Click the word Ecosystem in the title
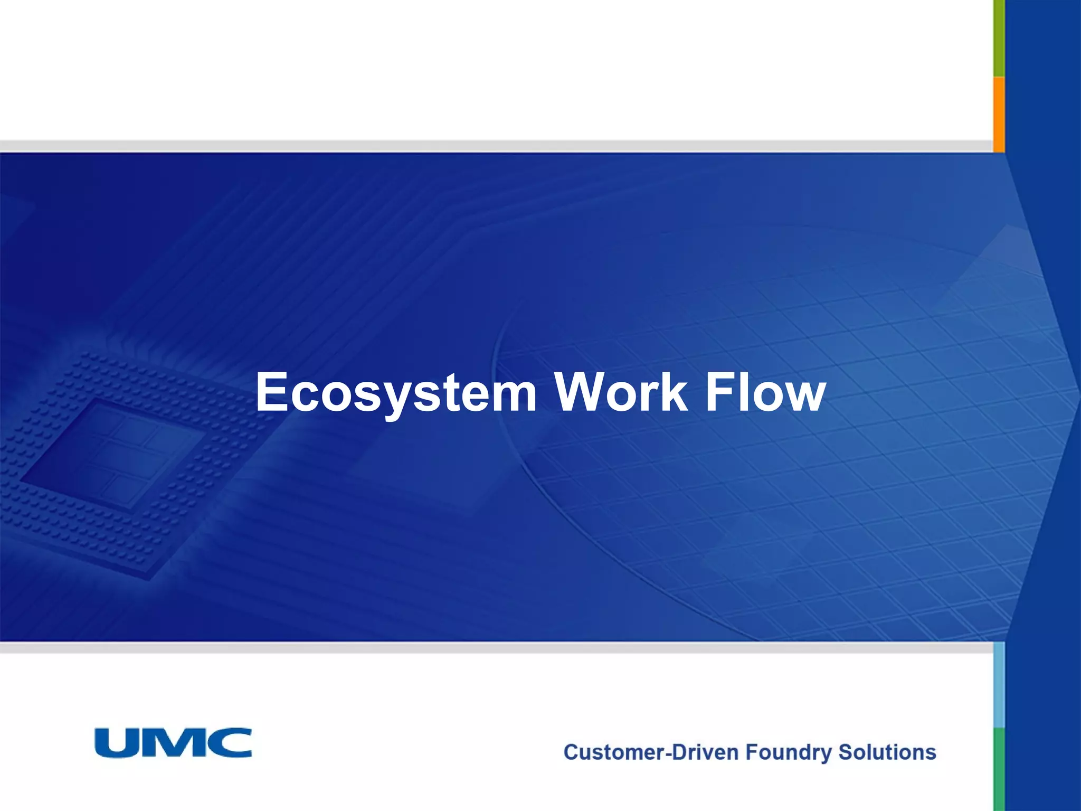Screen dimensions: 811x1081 396,393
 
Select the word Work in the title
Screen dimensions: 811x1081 621,393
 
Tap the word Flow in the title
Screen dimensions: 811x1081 765,393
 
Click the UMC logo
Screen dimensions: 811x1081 173,743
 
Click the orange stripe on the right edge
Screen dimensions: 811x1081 999,114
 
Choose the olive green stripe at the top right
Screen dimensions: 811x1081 999,37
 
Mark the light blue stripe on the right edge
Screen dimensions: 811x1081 999,685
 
